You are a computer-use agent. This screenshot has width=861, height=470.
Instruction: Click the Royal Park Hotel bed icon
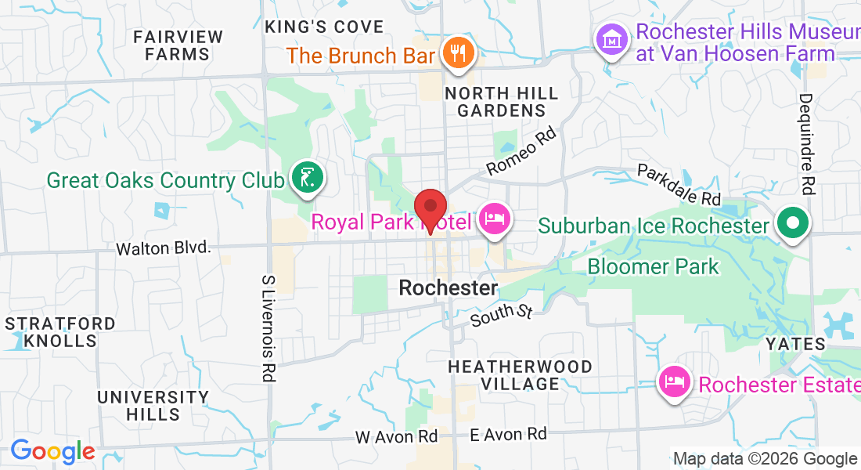[494, 219]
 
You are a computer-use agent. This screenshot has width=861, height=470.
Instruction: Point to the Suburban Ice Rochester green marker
[793, 224]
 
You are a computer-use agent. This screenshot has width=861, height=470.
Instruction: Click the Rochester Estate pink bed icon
[674, 382]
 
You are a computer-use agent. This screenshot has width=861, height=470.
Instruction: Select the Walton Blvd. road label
[164, 248]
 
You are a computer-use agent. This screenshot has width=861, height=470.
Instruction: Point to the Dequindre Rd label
[805, 144]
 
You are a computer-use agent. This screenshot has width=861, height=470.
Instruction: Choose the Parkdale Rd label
[678, 185]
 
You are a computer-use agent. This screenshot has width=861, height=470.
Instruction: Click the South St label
[502, 315]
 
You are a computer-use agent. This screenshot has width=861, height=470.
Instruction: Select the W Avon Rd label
[396, 436]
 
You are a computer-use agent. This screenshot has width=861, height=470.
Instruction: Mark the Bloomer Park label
[653, 266]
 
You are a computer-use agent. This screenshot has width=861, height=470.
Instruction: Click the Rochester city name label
[448, 287]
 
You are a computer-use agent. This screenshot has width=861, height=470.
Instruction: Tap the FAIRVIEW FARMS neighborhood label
[178, 45]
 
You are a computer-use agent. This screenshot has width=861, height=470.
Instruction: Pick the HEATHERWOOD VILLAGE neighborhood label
[520, 375]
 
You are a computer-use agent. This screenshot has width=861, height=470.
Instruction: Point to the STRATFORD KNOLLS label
[60, 332]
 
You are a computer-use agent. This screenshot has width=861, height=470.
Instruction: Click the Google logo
[53, 451]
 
